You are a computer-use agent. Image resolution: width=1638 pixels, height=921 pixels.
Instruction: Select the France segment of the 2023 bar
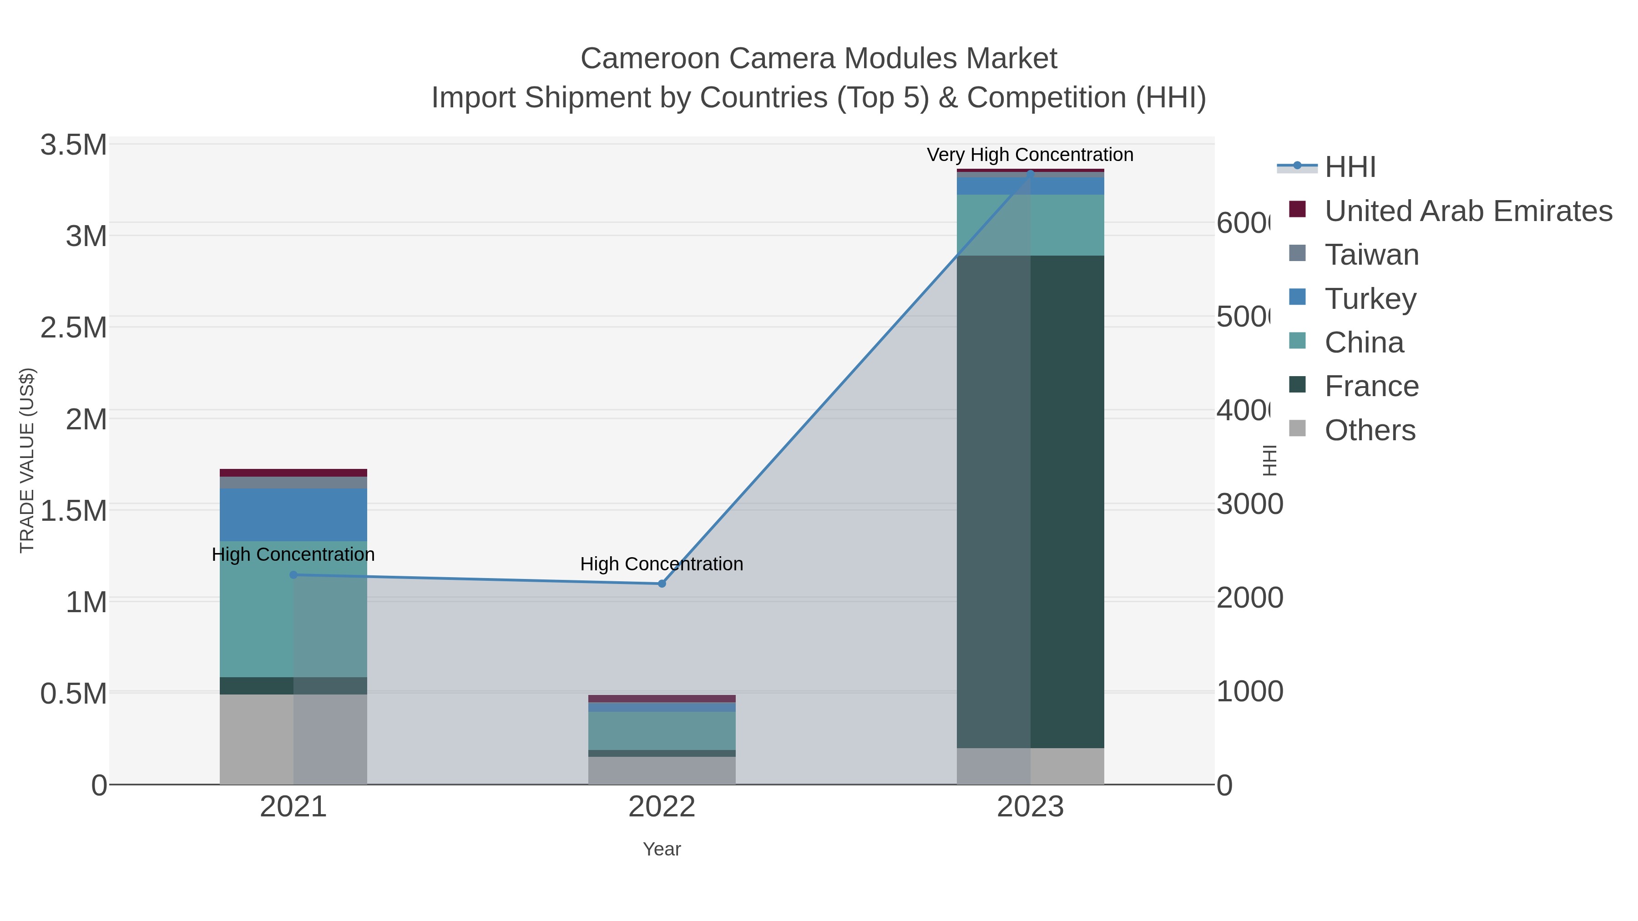pos(1030,502)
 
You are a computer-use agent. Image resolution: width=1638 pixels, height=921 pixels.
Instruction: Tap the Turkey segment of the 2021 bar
pos(293,515)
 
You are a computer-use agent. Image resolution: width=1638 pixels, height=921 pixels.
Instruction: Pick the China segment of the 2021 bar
pos(293,609)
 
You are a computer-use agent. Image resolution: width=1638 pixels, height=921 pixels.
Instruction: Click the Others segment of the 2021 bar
pos(293,739)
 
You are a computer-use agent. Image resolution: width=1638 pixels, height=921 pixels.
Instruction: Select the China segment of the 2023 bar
pos(1030,225)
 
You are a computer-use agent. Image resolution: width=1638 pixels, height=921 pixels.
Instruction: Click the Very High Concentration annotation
pos(1030,155)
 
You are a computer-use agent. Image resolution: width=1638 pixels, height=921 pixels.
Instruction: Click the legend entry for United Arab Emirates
pos(1467,211)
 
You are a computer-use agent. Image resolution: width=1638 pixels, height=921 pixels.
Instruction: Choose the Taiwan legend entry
pos(1371,255)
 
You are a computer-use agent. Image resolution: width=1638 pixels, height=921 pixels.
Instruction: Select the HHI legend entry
pos(1350,167)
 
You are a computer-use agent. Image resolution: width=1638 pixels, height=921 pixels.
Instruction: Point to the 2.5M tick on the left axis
pos(73,328)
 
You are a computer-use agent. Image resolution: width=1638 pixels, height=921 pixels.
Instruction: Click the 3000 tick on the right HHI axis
pos(1249,505)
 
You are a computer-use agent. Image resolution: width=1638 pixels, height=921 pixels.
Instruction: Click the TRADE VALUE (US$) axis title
pos(27,460)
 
